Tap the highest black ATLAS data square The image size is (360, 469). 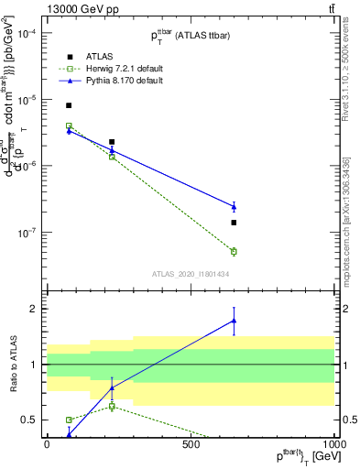pos(69,105)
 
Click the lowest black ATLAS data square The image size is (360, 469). pos(234,223)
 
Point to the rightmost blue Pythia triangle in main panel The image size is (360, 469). pos(234,207)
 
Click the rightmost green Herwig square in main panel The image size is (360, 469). pos(234,251)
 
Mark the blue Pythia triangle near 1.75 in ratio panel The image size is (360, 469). pos(234,321)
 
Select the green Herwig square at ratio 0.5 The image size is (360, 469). pos(69,420)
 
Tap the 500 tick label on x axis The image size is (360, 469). pos(191,444)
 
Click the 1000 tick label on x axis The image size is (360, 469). pos(333,444)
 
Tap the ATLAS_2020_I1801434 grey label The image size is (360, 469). pos(190,274)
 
